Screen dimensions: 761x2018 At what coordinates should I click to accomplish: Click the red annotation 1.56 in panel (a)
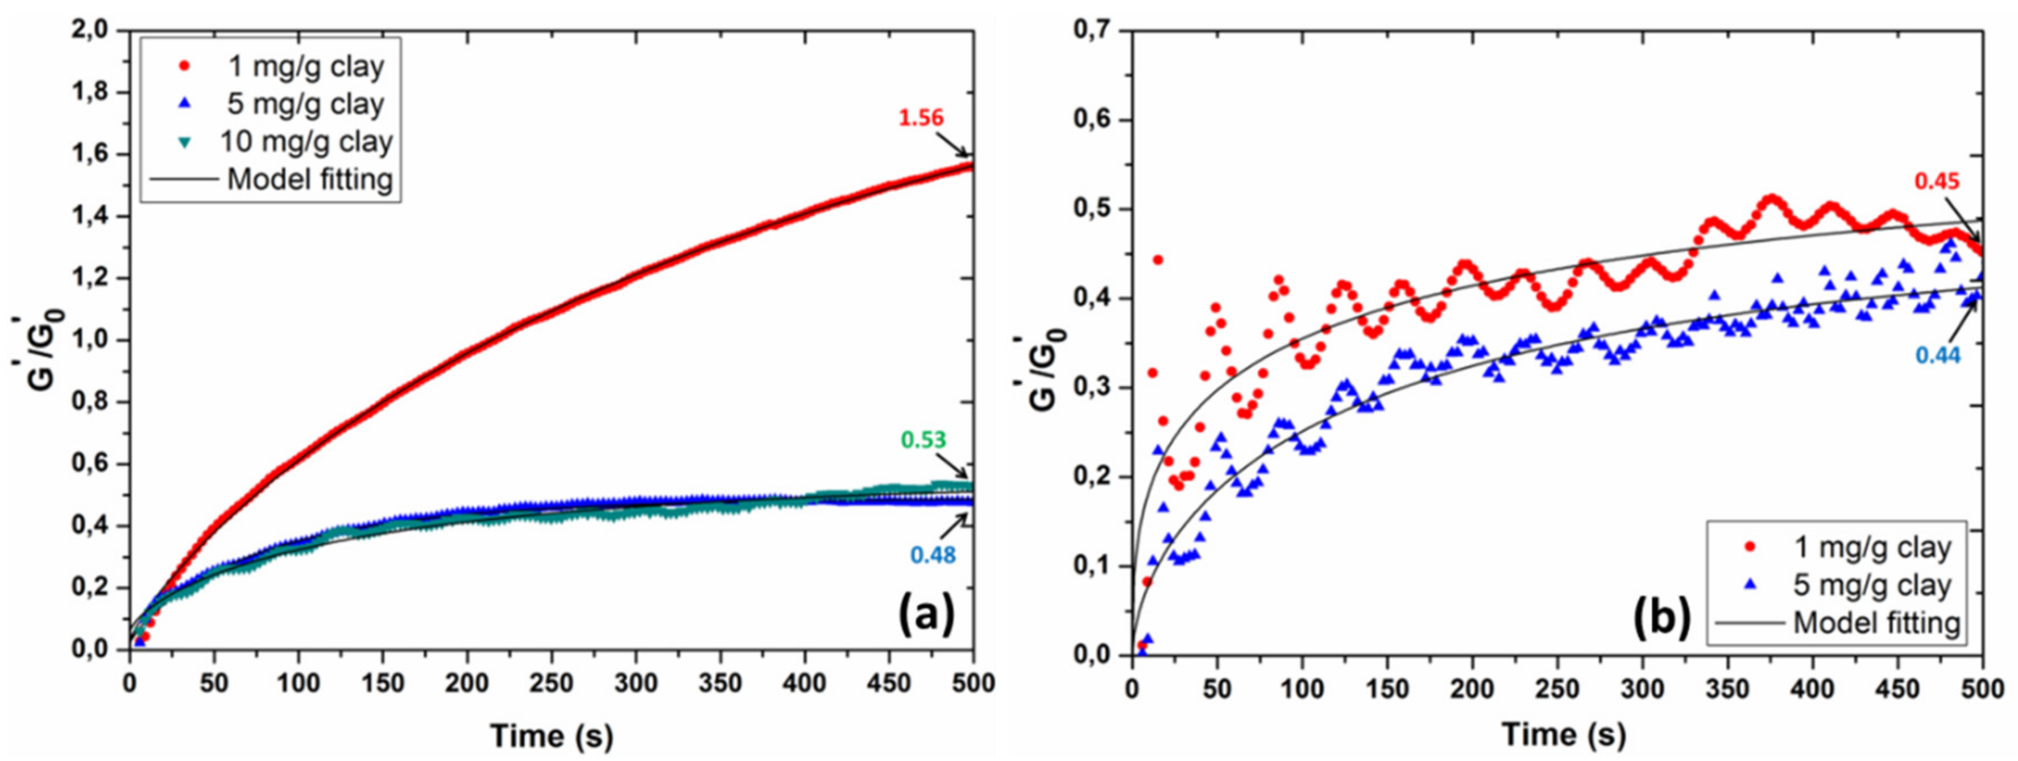point(921,118)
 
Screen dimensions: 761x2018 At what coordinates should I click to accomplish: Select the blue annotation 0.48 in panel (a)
point(933,555)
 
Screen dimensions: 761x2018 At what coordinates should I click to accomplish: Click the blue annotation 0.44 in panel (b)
point(1938,356)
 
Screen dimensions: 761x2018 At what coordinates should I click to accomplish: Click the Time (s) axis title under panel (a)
point(552,736)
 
